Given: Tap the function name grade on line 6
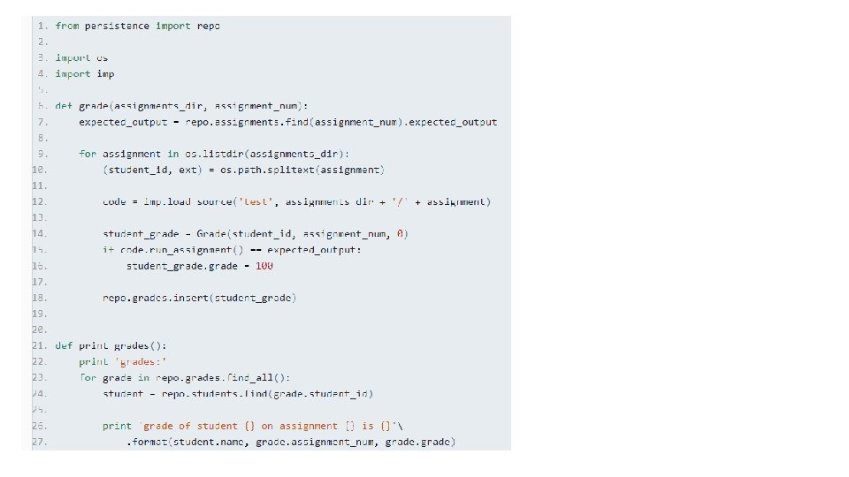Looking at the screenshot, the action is click(x=93, y=105).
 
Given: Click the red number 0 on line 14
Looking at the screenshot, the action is click(x=401, y=233).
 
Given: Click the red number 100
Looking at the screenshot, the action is click(x=264, y=266).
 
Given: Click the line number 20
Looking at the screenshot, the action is click(x=40, y=329).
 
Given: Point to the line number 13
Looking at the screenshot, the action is click(x=40, y=217).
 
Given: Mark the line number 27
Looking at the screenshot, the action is click(x=40, y=442).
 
